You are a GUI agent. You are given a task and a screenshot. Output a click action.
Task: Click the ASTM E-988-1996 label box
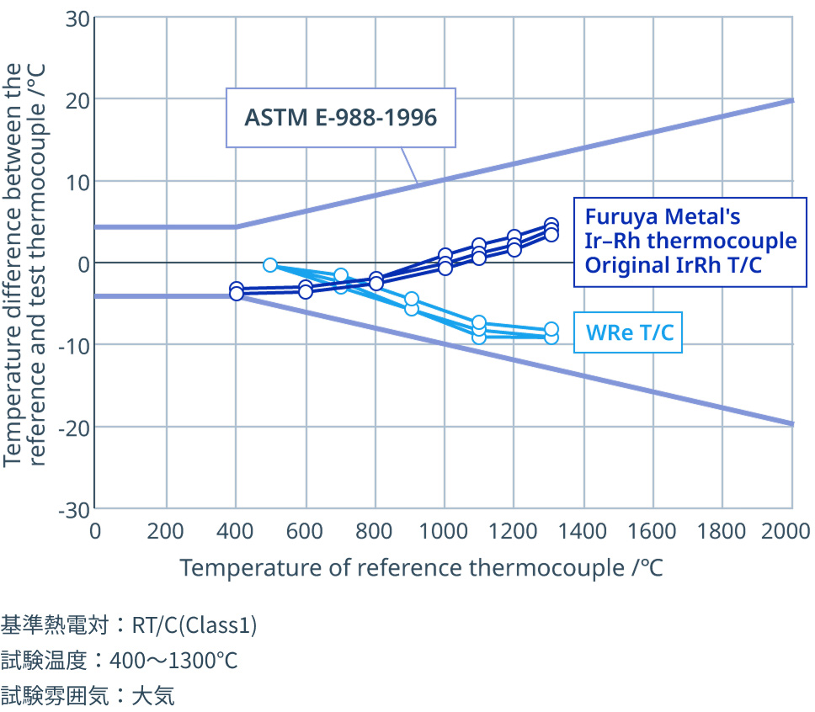340,118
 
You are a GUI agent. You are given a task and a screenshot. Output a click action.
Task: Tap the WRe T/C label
628,332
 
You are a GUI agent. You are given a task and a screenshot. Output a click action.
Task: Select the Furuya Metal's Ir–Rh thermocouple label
690,242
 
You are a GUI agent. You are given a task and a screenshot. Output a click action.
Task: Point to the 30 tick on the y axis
77,19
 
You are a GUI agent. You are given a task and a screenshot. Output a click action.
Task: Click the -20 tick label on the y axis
74,428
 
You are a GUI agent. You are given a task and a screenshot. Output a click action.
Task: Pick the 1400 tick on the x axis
582,531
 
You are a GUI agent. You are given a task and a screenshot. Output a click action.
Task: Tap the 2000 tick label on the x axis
786,531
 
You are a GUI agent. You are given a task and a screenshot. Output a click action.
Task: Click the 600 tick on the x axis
305,531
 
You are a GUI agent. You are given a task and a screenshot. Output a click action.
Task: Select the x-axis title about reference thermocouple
421,567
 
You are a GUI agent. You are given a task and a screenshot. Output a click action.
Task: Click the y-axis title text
24,265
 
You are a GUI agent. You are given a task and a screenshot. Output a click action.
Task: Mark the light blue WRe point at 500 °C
269,265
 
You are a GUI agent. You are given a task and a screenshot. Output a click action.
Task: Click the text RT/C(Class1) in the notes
194,625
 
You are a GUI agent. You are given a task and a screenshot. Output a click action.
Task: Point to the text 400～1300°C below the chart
173,661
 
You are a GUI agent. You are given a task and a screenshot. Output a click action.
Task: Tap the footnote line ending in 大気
88,695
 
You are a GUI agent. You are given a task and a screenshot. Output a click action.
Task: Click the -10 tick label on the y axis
74,346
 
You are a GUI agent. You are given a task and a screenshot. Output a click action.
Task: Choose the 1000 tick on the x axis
444,531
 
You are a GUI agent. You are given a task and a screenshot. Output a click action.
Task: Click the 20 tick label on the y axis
77,101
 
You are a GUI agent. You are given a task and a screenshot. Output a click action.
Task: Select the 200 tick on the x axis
165,531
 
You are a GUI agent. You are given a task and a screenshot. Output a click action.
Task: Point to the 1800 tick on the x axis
722,531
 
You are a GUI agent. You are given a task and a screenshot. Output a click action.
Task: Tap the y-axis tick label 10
77,183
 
